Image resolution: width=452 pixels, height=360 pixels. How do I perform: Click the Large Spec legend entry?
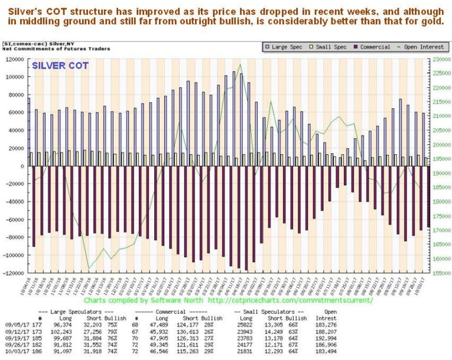pyautogui.click(x=286, y=47)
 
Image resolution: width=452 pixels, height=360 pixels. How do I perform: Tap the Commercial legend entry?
pyautogui.click(x=370, y=47)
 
